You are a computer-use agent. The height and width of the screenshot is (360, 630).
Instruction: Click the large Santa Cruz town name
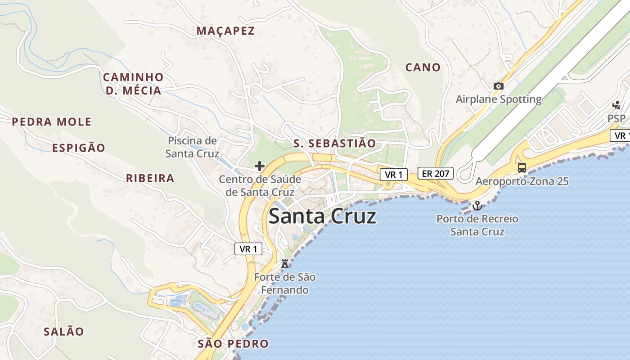point(322,217)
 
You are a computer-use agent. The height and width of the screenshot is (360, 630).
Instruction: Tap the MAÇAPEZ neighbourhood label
point(225,31)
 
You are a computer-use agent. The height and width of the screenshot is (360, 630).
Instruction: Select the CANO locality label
point(423,67)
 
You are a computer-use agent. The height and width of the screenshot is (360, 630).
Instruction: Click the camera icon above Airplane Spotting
point(498,86)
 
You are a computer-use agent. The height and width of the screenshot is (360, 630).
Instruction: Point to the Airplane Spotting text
point(499,99)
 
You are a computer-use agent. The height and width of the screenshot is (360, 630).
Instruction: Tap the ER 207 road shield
point(435,173)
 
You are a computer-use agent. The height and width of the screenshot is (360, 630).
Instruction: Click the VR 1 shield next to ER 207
point(393,175)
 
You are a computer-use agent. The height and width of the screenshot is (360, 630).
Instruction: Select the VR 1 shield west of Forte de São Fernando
point(248,249)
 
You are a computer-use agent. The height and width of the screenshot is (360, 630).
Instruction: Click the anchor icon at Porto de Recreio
point(477,206)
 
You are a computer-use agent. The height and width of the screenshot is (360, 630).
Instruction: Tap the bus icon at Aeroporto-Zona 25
point(522,168)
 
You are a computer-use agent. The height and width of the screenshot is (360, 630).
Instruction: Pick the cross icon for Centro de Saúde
point(260,166)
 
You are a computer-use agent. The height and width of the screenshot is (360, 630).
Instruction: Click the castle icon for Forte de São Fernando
point(284,263)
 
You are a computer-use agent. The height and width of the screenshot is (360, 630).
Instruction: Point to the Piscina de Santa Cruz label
point(192,147)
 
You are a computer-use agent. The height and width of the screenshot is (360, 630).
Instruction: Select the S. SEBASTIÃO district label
point(334,144)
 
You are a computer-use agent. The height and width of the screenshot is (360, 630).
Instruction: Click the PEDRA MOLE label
point(52,122)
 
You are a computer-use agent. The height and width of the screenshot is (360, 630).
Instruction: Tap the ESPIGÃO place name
point(79,148)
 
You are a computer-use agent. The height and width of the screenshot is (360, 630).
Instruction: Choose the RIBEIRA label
point(150,178)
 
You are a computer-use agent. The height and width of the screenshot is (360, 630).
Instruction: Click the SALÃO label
point(63,332)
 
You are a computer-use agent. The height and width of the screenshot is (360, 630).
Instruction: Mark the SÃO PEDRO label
point(233,344)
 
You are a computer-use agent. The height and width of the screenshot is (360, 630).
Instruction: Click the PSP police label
point(616,119)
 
